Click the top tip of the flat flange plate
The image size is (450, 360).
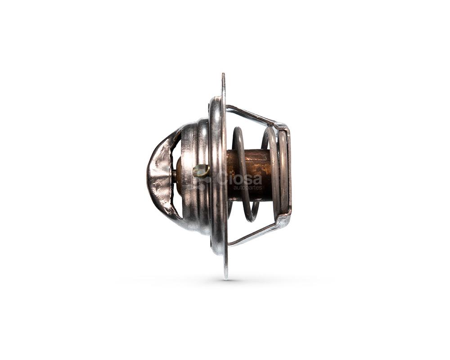click(223, 73)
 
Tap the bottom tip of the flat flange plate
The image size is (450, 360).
click(226, 279)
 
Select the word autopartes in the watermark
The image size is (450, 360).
click(247, 188)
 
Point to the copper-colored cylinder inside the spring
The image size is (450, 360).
click(249, 175)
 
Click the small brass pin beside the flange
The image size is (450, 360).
click(201, 171)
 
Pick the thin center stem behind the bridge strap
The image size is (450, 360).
click(174, 173)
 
